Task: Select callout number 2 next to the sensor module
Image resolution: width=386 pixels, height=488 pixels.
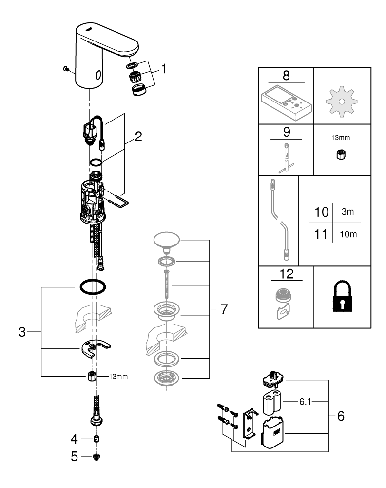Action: [x=138, y=137]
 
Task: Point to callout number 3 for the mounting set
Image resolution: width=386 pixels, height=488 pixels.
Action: [x=21, y=332]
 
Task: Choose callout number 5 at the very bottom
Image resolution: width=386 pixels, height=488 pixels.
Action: [x=74, y=457]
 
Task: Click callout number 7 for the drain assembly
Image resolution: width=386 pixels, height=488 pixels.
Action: [x=223, y=309]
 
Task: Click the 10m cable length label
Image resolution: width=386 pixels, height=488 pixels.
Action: [x=348, y=235]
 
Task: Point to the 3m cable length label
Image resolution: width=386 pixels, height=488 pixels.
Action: [x=348, y=213]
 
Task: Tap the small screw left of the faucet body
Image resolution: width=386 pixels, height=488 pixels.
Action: [x=66, y=70]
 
